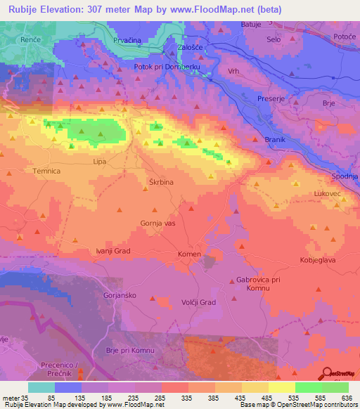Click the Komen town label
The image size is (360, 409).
(189, 254)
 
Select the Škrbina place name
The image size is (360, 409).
(161, 181)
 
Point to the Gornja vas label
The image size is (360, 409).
(157, 223)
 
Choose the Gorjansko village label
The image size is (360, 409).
(119, 296)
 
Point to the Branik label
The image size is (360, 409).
(274, 140)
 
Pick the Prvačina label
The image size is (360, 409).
(128, 41)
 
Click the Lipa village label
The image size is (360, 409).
(99, 161)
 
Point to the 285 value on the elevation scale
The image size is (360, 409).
(166, 398)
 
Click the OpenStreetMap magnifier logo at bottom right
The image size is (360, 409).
(327, 375)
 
